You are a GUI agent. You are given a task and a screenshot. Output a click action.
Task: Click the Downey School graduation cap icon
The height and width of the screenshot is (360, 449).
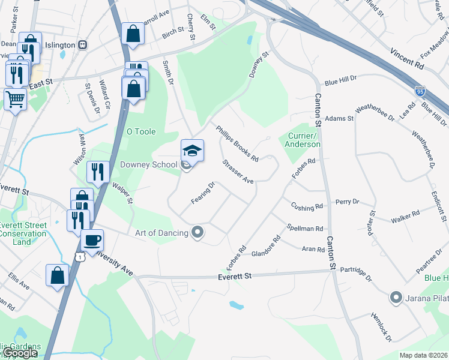pyautogui.click(x=193, y=151)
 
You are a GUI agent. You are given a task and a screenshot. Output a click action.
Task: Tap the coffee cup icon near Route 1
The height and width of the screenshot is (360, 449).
pyautogui.click(x=92, y=241)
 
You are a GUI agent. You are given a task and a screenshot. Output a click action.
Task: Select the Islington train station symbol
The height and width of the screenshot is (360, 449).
pyautogui.click(x=83, y=45)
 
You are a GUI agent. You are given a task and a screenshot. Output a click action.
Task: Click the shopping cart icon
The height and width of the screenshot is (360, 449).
pyautogui.click(x=16, y=100)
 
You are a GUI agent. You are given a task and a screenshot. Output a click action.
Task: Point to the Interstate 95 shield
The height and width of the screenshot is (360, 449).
pyautogui.click(x=420, y=91)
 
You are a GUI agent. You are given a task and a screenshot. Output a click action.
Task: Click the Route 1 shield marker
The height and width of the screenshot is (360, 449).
pyautogui.click(x=79, y=256)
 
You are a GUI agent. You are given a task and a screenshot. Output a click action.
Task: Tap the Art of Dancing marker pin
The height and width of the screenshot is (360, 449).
pyautogui.click(x=197, y=232)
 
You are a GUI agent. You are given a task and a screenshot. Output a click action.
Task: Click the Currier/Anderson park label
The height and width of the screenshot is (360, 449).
pyautogui.click(x=303, y=140)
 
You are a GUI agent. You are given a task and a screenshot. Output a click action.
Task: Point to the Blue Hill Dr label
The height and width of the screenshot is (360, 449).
pyautogui.click(x=341, y=79)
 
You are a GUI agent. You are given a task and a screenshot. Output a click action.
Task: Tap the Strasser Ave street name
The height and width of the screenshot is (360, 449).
pyautogui.click(x=238, y=172)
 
